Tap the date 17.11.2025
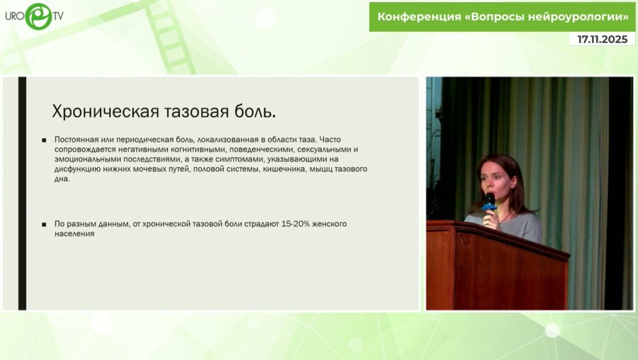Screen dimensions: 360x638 coord(602,40)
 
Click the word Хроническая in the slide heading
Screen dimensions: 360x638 coord(96,112)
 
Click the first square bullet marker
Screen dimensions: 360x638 coord(44,140)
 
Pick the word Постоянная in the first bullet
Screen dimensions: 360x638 coord(77,140)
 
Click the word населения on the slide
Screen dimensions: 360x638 coord(74,234)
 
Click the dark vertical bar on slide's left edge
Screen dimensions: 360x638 coord(22,193)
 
